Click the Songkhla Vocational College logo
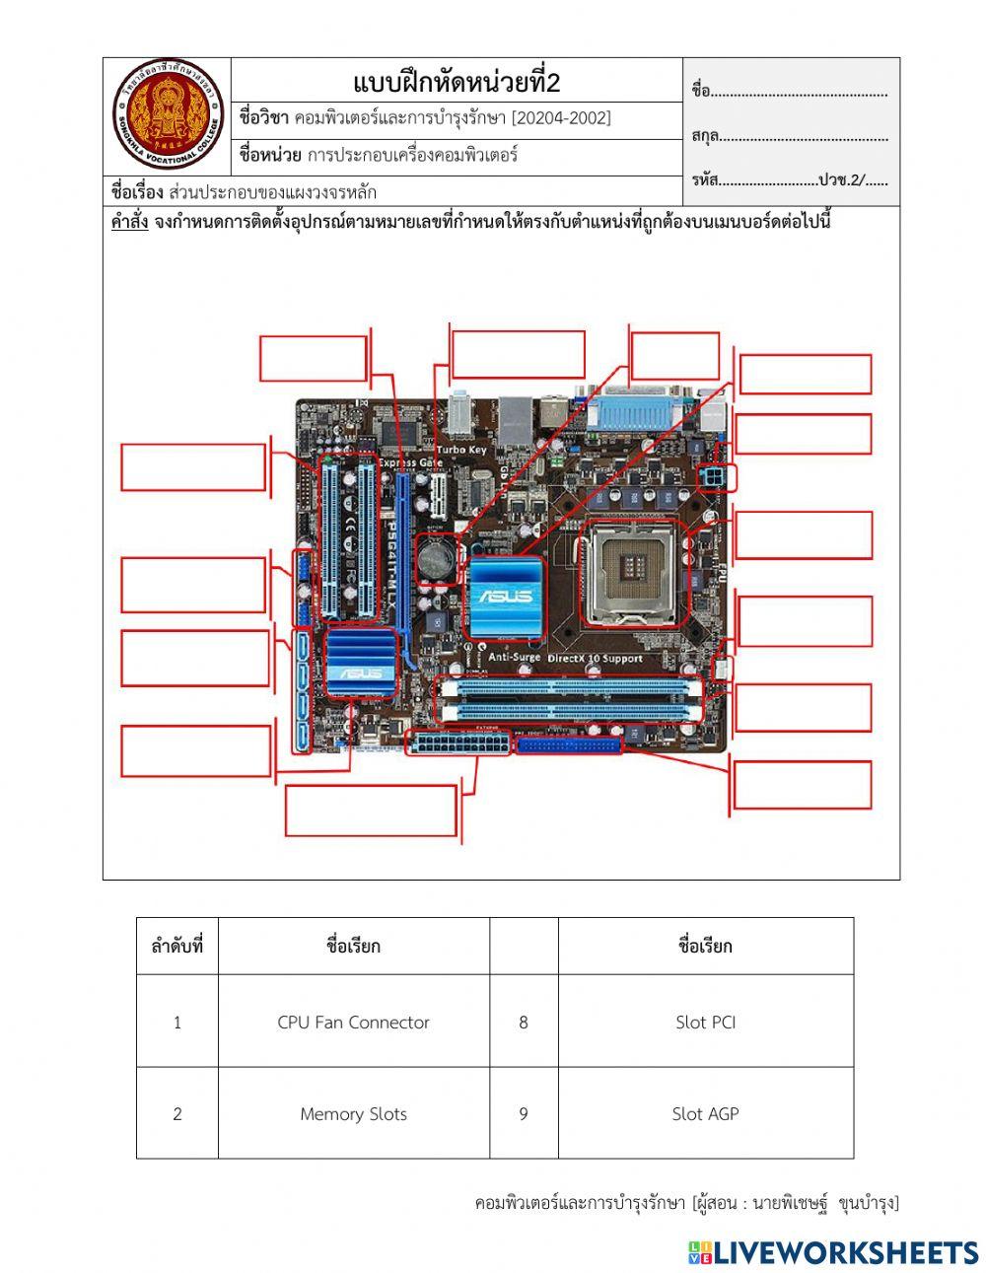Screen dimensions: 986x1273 coord(168,114)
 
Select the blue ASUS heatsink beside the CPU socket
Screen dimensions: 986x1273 coord(506,595)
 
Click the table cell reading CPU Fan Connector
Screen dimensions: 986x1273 coord(353,1023)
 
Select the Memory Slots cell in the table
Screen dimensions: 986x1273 coord(353,1114)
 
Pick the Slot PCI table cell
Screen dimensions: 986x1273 coord(705,1023)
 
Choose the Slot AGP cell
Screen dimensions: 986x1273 coord(705,1114)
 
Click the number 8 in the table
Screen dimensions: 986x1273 coord(524,1023)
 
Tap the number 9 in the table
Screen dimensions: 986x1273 coord(524,1114)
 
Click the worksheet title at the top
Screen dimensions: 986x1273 coord(456,82)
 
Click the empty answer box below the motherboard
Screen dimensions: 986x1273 coord(371,810)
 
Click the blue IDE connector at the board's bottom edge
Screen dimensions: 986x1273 coord(569,745)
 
